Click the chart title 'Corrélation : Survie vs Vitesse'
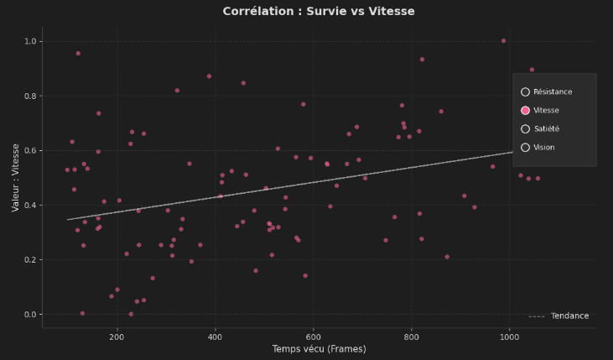[306, 12]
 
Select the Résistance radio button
[525, 92]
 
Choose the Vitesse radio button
[525, 111]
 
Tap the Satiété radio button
[525, 129]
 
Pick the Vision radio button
[525, 148]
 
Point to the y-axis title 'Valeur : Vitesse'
[15, 177]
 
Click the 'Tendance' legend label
[569, 316]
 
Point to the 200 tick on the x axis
[117, 336]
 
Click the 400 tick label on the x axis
[216, 336]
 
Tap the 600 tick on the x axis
[314, 336]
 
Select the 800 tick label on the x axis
[412, 336]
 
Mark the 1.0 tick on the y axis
[31, 41]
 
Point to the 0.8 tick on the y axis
[31, 97]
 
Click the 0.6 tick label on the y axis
[31, 151]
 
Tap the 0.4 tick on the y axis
[31, 206]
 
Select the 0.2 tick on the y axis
[31, 260]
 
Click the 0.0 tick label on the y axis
[31, 315]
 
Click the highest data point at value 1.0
[503, 41]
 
